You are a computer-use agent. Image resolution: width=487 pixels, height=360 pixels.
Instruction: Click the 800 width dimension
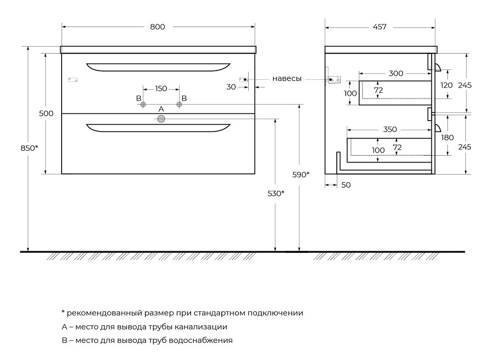tap(157, 27)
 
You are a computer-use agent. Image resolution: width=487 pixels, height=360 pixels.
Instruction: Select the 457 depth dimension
tap(380, 27)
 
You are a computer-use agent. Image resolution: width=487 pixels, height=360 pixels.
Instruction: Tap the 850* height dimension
tap(29, 148)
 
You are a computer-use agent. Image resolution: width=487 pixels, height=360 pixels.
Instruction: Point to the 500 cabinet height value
tap(46, 113)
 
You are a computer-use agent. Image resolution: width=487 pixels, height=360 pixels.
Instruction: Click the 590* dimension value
tap(301, 175)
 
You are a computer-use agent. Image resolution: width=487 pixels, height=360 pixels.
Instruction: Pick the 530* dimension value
tap(276, 193)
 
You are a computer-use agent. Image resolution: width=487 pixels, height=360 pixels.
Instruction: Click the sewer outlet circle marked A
tap(161, 119)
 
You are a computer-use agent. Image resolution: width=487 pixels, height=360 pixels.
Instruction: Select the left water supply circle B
tap(143, 104)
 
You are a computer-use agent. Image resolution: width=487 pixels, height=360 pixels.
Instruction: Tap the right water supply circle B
tap(179, 104)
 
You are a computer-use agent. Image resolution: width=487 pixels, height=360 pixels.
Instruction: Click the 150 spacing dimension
tap(161, 89)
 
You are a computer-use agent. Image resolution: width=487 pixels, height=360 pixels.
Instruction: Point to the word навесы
tap(287, 79)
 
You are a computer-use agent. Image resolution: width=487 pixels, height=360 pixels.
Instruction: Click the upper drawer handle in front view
tap(158, 67)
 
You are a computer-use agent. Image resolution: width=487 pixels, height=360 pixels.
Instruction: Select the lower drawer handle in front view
tap(158, 128)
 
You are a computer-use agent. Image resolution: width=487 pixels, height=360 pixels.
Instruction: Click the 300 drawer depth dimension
tap(396, 73)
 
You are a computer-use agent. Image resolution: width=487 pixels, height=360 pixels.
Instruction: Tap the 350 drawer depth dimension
tap(390, 129)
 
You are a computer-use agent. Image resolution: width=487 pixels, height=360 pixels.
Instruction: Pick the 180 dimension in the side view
tap(447, 137)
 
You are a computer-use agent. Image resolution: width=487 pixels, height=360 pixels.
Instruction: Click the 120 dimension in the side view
tap(447, 85)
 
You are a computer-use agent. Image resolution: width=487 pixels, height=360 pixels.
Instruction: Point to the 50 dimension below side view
tap(346, 185)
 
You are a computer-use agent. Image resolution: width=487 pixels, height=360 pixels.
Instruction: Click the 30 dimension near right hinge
tap(231, 87)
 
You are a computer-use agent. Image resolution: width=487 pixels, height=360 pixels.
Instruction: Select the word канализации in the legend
tap(201, 327)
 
